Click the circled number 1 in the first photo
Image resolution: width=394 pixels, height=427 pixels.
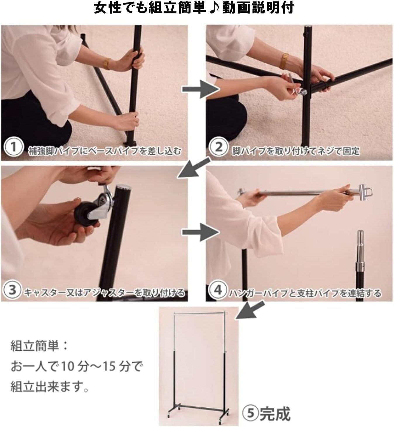[13, 147]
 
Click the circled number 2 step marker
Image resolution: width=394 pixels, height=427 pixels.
[219, 147]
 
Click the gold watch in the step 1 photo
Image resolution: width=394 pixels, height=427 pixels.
[107, 64]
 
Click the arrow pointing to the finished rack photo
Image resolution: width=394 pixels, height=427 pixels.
[250, 310]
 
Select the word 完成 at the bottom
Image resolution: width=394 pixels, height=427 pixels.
[275, 413]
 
